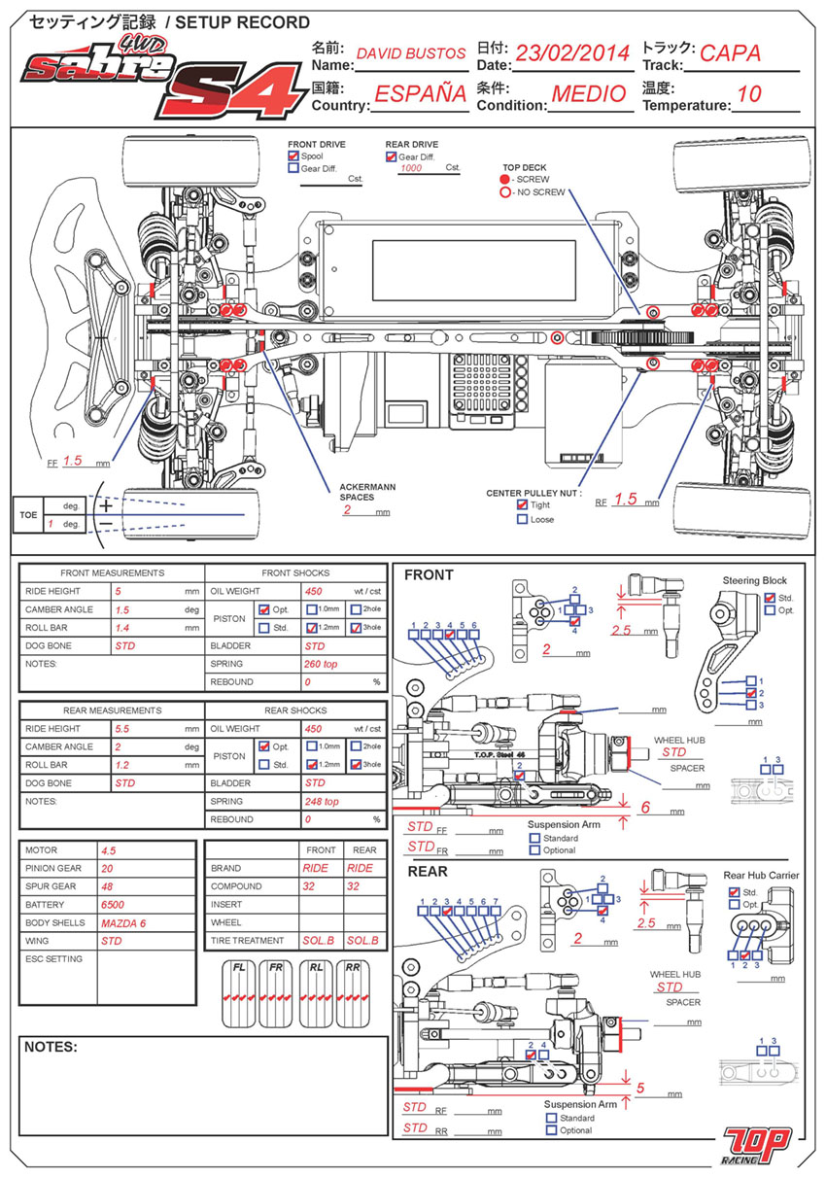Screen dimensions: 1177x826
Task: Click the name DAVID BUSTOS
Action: point(411,54)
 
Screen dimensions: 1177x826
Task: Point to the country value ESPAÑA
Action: point(421,94)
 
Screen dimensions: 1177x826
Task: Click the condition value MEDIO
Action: point(589,94)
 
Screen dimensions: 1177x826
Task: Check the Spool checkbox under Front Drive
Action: point(293,156)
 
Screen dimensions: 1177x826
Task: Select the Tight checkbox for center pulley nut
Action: point(523,505)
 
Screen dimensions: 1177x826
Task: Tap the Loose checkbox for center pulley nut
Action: point(523,520)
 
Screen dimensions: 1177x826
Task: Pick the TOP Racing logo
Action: point(758,1144)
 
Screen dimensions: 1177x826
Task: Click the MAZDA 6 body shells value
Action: point(123,922)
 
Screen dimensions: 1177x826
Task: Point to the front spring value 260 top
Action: point(328,664)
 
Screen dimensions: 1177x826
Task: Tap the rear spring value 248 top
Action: point(328,802)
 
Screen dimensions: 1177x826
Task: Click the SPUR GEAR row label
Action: point(53,886)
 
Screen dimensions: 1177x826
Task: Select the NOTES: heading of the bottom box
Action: point(51,1048)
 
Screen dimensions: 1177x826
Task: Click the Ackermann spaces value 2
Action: point(346,509)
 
